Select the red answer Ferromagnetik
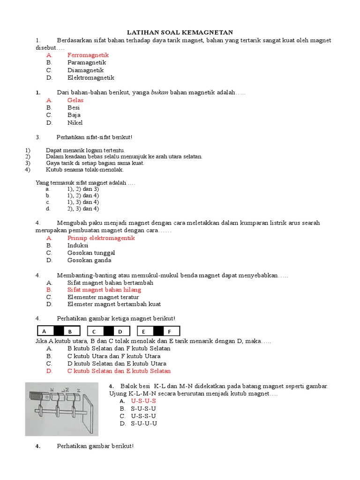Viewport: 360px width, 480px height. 88,55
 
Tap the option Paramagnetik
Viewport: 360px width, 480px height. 86,63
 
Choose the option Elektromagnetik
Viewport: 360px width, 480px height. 90,78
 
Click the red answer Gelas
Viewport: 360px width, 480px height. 75,100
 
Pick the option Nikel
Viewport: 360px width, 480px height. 75,123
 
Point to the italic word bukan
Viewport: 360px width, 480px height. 159,93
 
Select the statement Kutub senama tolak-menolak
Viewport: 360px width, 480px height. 84,170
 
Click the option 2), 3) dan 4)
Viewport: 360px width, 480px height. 82,209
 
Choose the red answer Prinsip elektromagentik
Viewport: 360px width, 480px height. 101,238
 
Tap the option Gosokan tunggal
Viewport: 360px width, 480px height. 91,253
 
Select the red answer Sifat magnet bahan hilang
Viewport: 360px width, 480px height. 104,290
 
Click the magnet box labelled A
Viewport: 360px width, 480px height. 44,331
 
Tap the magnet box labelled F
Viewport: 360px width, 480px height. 170,331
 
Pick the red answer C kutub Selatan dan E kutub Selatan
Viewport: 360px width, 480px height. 119,371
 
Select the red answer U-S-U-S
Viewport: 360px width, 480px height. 143,401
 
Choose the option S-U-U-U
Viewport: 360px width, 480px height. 144,424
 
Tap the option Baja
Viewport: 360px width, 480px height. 74,115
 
